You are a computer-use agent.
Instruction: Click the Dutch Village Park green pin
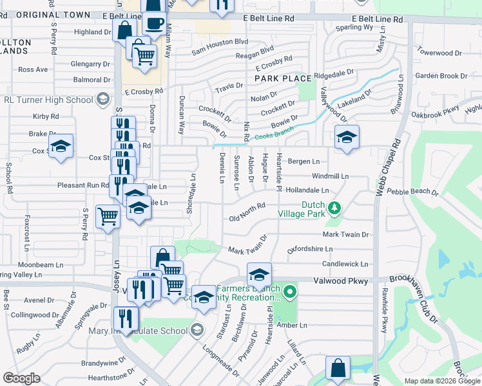tap(334, 208)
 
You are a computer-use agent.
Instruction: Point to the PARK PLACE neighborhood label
tap(283, 78)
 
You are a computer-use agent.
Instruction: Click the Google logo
tap(21, 378)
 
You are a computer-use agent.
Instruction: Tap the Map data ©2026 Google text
tap(441, 381)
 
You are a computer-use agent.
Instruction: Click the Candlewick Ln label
tap(345, 264)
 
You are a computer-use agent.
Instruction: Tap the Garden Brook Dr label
tap(441, 76)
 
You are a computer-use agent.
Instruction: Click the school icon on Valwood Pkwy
tap(259, 275)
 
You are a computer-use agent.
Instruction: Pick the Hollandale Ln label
tap(307, 190)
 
